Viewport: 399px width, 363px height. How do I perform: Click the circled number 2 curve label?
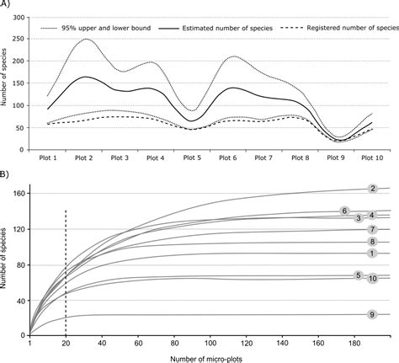[372, 190]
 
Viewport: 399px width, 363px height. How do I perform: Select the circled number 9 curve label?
[371, 314]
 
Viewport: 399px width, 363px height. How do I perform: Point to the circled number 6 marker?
[344, 211]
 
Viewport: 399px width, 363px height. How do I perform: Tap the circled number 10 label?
[372, 278]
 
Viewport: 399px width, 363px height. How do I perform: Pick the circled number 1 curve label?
[371, 253]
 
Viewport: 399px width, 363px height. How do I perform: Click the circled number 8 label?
[371, 242]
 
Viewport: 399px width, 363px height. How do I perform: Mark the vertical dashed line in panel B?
[66, 270]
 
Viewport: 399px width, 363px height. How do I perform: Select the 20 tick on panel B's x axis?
[66, 343]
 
